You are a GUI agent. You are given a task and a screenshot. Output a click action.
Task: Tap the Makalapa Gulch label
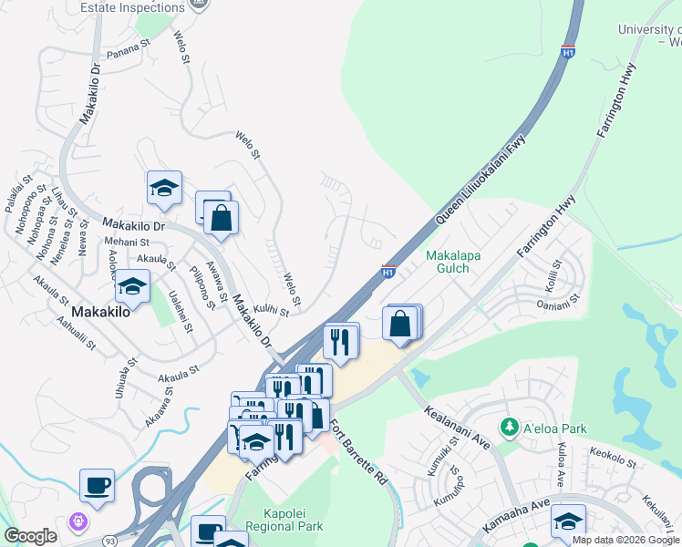(454, 263)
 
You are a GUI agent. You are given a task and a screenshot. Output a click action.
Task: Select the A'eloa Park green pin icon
(509, 427)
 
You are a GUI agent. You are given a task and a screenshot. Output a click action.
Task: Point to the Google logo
(30, 536)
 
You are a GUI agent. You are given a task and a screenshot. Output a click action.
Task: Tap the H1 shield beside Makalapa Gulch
(387, 271)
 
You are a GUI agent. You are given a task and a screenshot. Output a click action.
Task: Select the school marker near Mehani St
(133, 286)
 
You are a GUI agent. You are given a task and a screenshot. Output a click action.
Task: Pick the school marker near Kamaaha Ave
(568, 521)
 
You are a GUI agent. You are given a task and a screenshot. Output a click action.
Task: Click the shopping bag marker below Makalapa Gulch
(401, 324)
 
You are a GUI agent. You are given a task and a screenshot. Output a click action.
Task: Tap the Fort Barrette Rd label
(357, 451)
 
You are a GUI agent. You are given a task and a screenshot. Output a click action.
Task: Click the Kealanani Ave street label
(456, 426)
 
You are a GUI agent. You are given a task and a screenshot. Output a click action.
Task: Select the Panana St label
(128, 46)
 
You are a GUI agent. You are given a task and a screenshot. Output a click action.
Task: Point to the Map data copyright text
(625, 540)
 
